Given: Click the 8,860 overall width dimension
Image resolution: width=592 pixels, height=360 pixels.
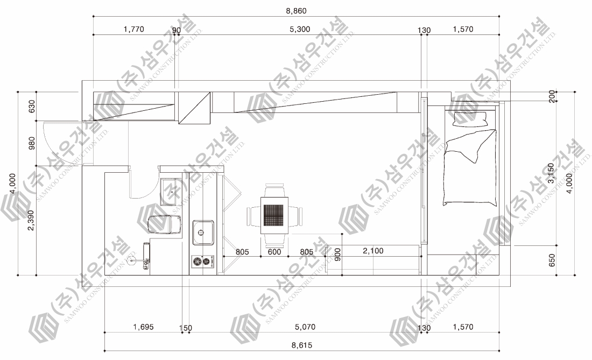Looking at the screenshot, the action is pyautogui.click(x=296, y=11).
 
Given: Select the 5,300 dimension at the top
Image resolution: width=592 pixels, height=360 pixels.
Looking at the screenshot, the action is pyautogui.click(x=300, y=29).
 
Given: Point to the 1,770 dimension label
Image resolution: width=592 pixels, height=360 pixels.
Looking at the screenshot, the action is pyautogui.click(x=133, y=29).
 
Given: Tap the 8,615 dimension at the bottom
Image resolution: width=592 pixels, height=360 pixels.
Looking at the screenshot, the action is pyautogui.click(x=302, y=345).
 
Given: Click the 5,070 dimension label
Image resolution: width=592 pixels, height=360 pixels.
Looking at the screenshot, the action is pyautogui.click(x=305, y=327).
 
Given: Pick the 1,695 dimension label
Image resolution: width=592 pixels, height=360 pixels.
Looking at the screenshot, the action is pyautogui.click(x=143, y=327).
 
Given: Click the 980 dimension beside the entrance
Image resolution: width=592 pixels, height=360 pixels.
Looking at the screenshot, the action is pyautogui.click(x=32, y=143).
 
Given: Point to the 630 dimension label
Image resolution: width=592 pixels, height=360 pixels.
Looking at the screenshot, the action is pyautogui.click(x=32, y=106).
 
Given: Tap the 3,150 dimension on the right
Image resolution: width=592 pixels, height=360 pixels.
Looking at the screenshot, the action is pyautogui.click(x=551, y=173).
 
